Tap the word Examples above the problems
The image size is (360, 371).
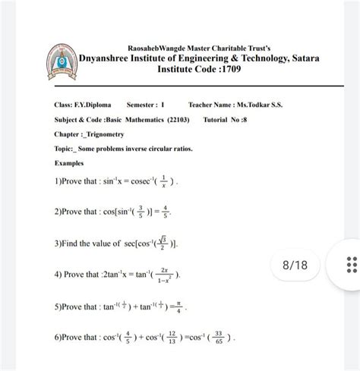point(71,163)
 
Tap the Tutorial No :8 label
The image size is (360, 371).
point(228,121)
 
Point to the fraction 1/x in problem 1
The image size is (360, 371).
point(162,184)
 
